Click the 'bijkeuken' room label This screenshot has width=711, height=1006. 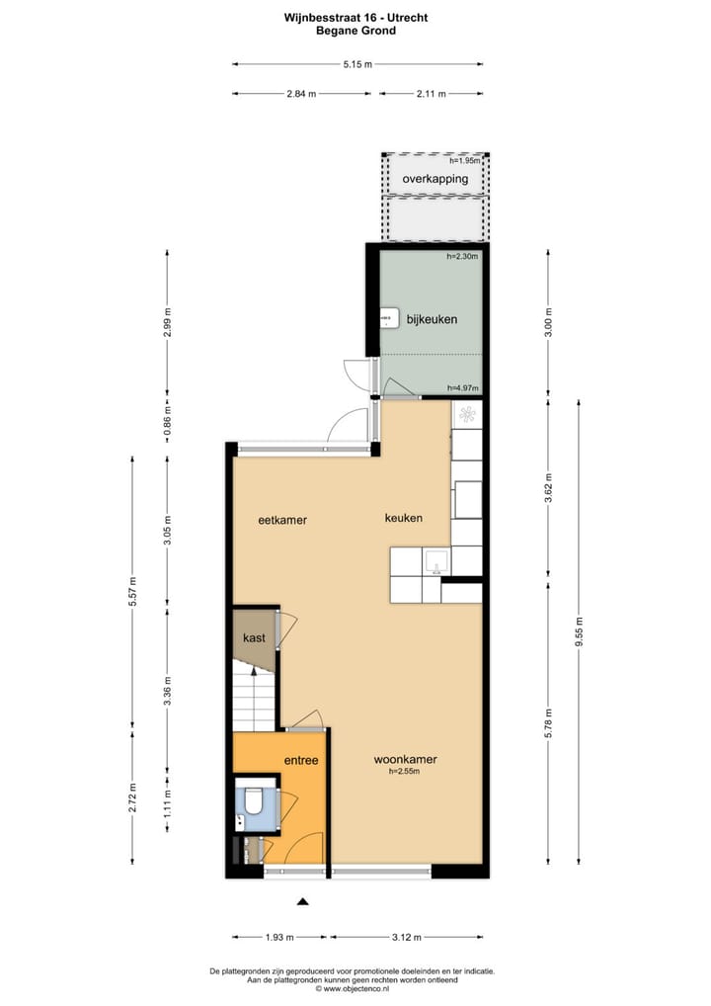(x=432, y=320)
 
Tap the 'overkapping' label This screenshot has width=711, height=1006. (x=434, y=179)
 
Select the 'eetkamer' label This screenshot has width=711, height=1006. (x=282, y=519)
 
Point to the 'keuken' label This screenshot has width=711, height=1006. (x=403, y=518)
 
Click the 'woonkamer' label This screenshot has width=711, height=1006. (x=405, y=760)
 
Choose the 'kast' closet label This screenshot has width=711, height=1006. (x=254, y=638)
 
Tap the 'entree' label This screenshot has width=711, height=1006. (x=301, y=760)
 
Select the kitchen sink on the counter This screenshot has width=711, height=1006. (x=435, y=564)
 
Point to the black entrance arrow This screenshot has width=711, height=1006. (x=303, y=900)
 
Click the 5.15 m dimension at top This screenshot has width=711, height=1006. (x=357, y=65)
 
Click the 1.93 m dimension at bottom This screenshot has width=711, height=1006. (x=280, y=937)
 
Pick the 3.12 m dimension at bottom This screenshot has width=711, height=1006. (x=406, y=937)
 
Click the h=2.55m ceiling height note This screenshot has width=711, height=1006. (x=405, y=772)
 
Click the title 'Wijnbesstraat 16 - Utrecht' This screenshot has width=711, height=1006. (x=355, y=17)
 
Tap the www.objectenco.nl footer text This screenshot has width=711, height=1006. (x=355, y=988)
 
